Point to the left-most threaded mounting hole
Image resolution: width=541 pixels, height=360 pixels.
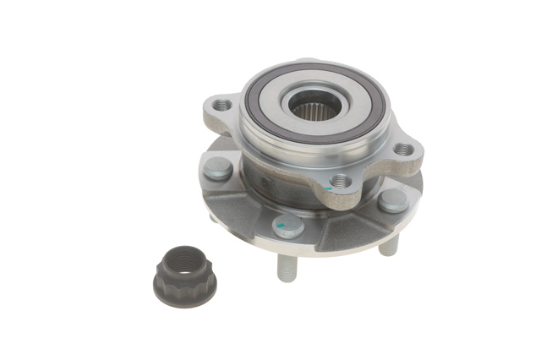(x=223, y=106)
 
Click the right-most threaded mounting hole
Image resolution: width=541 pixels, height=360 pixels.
(x=405, y=150)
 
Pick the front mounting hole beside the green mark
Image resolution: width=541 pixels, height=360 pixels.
(x=340, y=180)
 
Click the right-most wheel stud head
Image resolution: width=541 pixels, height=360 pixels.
(x=392, y=200)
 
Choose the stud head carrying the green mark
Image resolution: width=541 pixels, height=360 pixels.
(x=288, y=225)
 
